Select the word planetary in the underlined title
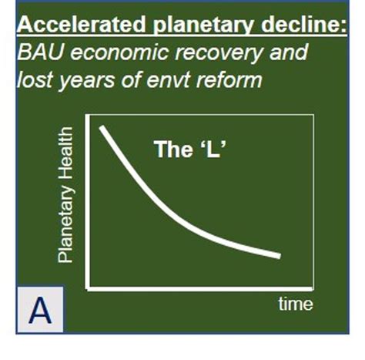point(182,25)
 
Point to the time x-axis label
point(295,304)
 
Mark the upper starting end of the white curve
point(102,127)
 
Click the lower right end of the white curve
point(279,256)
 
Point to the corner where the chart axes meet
point(89,289)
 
